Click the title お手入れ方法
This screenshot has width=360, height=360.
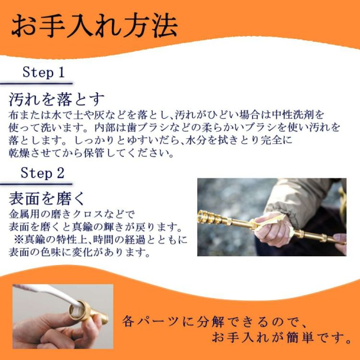click(x=95, y=25)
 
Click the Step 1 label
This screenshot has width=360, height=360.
click(x=43, y=72)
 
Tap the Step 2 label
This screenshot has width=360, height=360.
click(x=42, y=173)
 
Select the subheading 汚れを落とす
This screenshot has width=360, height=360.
click(x=57, y=99)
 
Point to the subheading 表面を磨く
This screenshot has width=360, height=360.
click(x=47, y=199)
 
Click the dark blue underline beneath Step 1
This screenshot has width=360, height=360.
click(x=36, y=84)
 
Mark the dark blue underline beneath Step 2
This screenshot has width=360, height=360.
click(x=36, y=184)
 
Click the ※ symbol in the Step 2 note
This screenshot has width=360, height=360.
click(x=19, y=240)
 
